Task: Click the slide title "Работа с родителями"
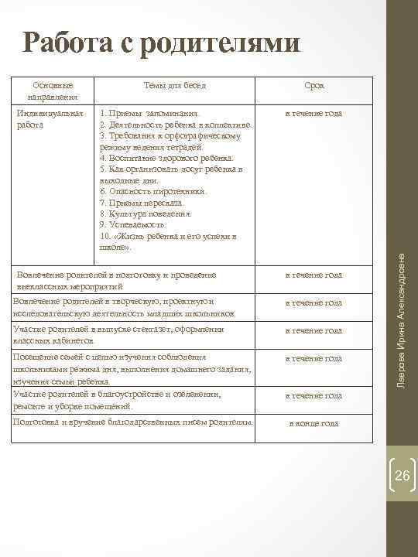tap(161, 43)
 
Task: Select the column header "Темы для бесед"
tap(175, 86)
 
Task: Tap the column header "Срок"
tap(314, 86)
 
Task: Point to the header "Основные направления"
tap(53, 91)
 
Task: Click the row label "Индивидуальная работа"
tap(50, 118)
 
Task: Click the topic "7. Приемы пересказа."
tap(142, 203)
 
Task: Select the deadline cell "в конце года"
tap(313, 424)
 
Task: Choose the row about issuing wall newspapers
tap(120, 335)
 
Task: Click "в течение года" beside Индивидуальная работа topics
tap(313, 114)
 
